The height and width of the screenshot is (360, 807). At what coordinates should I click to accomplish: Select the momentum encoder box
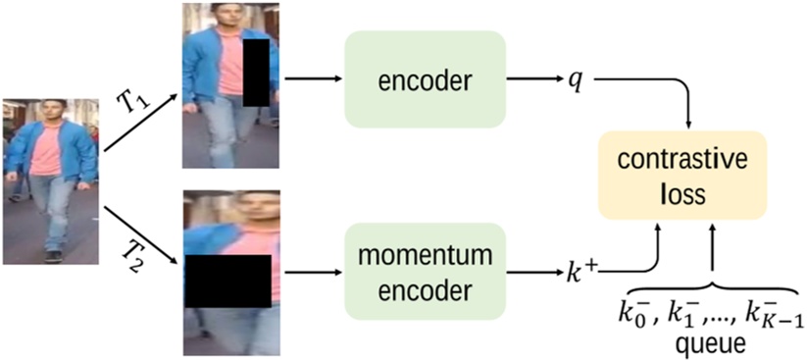click(425, 267)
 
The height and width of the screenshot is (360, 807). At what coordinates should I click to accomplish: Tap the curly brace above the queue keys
click(713, 292)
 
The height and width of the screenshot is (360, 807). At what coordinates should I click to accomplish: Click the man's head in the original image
click(54, 109)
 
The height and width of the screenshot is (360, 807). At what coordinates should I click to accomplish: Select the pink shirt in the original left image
click(47, 152)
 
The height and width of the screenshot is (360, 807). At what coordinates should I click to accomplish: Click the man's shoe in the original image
click(54, 257)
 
